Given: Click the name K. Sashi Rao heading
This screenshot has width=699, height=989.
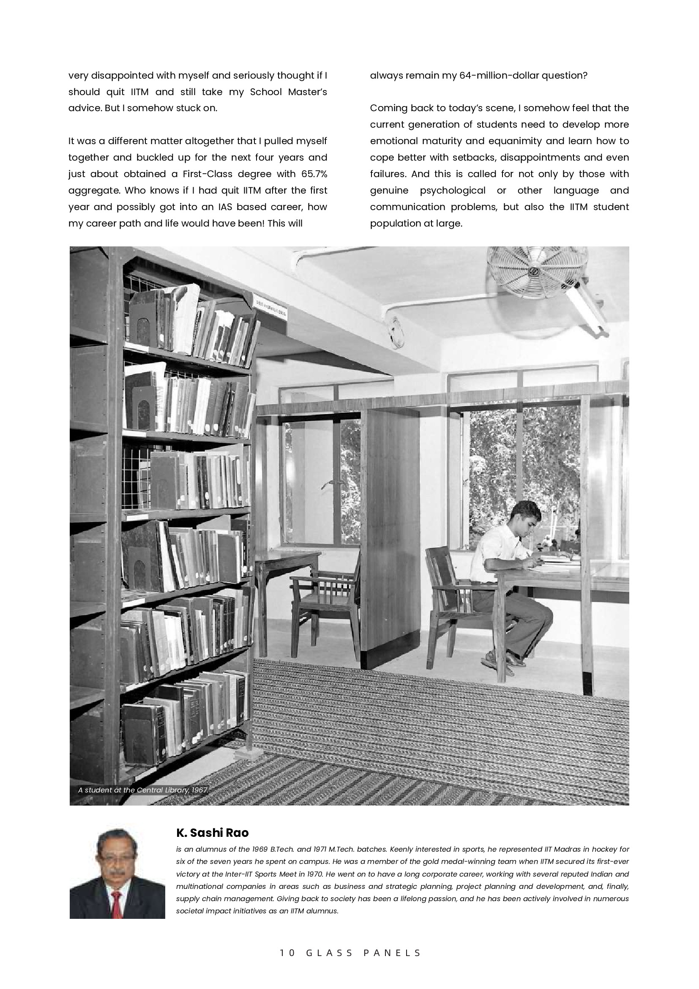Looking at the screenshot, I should pos(212,833).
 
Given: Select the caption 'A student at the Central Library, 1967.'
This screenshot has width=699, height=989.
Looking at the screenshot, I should pos(143,790).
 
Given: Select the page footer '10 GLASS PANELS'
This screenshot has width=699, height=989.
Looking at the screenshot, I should pos(350,953).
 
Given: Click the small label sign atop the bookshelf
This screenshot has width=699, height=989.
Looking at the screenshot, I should pos(270,308).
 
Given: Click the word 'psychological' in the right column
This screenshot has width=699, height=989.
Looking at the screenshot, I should pos(452,190).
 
